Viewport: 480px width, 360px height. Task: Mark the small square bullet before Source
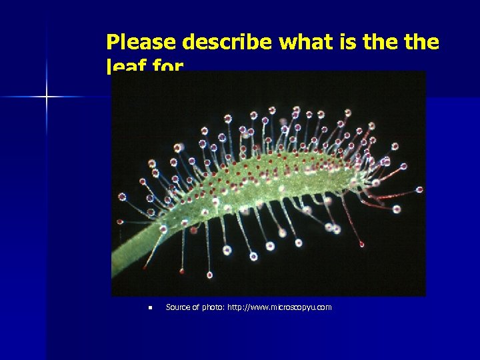[151, 308]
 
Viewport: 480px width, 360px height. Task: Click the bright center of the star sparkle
[47, 97]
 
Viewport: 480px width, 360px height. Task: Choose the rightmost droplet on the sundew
[419, 189]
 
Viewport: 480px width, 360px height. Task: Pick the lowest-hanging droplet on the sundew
[209, 275]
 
